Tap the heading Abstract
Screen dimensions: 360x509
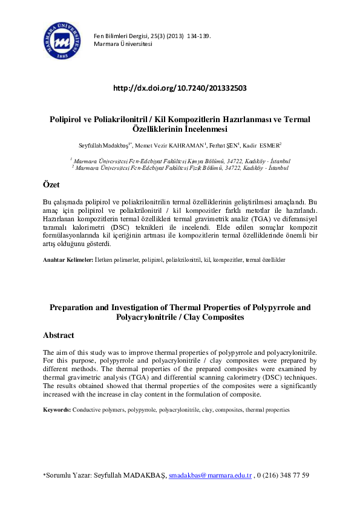pyautogui.click(x=59, y=335)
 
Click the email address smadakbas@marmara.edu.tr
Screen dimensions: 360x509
pyautogui.click(x=210, y=476)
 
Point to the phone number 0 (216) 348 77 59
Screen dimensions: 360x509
pyautogui.click(x=283, y=476)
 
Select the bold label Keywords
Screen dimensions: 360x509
pyautogui.click(x=57, y=410)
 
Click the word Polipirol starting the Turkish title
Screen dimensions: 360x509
pyautogui.click(x=67, y=120)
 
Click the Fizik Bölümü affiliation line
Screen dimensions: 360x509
pyautogui.click(x=180, y=167)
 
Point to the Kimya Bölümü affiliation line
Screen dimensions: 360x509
pyautogui.click(x=180, y=161)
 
